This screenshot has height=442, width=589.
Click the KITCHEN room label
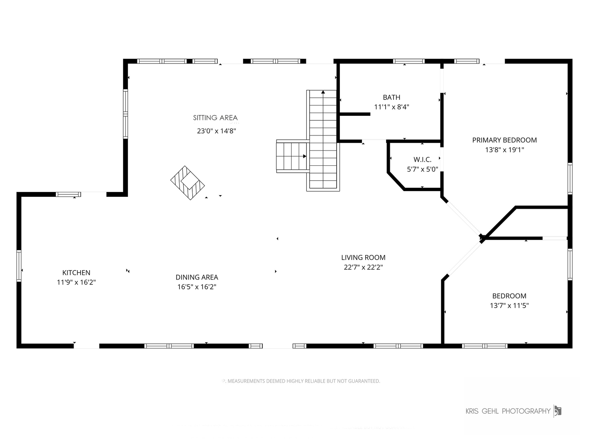click(x=76, y=273)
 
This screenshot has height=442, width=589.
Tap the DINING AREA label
click(x=197, y=277)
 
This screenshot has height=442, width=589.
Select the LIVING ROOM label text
click(x=363, y=257)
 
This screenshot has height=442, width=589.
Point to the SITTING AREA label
click(x=215, y=118)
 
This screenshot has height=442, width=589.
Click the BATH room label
click(x=391, y=97)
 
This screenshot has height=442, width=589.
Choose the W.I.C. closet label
click(x=423, y=160)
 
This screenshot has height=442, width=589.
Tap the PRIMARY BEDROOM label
click(x=504, y=140)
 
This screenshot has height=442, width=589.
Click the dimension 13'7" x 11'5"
click(x=509, y=305)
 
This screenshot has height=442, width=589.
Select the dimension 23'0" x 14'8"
click(x=216, y=131)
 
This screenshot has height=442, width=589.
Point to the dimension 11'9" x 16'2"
click(x=76, y=282)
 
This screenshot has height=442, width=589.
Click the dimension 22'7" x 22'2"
click(x=363, y=267)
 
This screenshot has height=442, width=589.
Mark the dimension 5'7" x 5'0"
click(x=423, y=169)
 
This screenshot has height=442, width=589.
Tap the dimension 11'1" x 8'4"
click(x=391, y=107)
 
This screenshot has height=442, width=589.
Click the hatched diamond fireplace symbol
click(x=187, y=183)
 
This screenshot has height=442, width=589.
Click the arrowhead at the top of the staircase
click(x=323, y=92)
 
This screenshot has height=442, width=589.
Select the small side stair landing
click(x=292, y=156)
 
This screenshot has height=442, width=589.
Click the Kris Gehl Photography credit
click(x=508, y=411)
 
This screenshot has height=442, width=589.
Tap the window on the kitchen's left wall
click(x=19, y=266)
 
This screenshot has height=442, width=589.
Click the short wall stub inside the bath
click(x=355, y=114)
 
